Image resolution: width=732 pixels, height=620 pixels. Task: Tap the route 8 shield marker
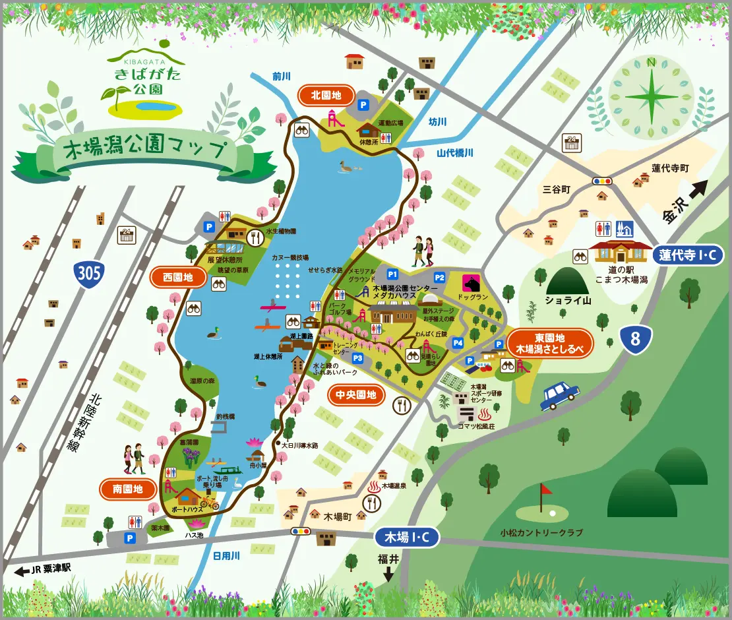pos(636,339)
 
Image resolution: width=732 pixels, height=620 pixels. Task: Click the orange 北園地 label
pos(327,96)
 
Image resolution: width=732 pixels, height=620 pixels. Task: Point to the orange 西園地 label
pos(178,278)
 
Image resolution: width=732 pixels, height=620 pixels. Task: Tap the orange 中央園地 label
pos(356,395)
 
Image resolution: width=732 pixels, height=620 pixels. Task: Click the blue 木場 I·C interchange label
pos(407,538)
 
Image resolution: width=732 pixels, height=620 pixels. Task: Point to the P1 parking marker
pos(393,274)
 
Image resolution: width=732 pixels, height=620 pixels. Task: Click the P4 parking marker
pos(458,342)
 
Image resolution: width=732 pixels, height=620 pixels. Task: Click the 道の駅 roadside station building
pos(618,252)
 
